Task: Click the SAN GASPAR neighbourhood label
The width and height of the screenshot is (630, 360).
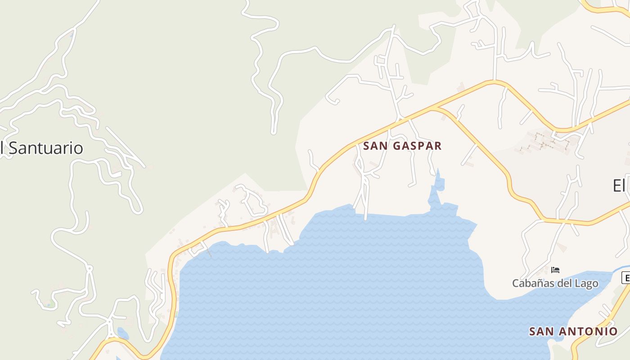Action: pyautogui.click(x=402, y=146)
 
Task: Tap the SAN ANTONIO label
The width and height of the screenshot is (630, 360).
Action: pyautogui.click(x=573, y=332)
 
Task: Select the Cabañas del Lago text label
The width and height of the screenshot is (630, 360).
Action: pyautogui.click(x=555, y=283)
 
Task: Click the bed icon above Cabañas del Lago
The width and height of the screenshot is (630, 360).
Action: pyautogui.click(x=555, y=270)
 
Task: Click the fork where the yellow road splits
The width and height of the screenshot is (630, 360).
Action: pyautogui.click(x=433, y=108)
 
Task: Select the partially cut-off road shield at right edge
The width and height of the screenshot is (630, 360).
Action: pyautogui.click(x=625, y=278)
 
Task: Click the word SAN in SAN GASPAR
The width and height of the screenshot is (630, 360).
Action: pyautogui.click(x=373, y=146)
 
